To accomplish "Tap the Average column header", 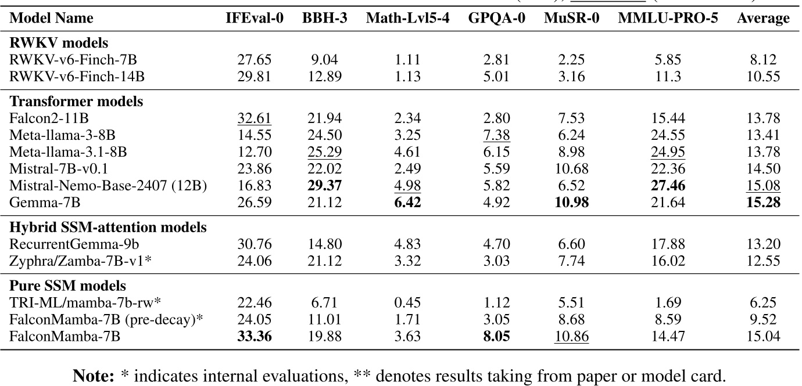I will pos(763,19).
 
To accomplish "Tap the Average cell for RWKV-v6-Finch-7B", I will pos(763,59).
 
